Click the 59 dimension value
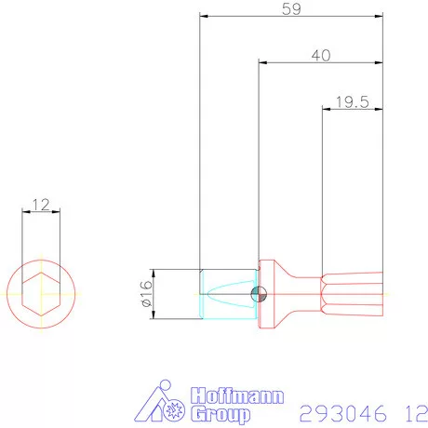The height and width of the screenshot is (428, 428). coord(290,9)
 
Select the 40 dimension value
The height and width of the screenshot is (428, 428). coord(321,55)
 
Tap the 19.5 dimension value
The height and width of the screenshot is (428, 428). coord(350,101)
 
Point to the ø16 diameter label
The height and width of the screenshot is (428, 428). coord(146,294)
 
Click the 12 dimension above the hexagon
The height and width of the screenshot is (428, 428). coord(40,203)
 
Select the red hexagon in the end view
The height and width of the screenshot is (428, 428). coord(40,294)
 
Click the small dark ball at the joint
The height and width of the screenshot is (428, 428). coord(259,294)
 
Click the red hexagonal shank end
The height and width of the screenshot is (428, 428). coord(354,294)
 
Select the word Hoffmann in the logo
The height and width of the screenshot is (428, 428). coord(236,395)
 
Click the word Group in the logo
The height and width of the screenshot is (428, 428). coord(221,413)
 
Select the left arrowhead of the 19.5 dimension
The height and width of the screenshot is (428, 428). coord(326,109)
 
